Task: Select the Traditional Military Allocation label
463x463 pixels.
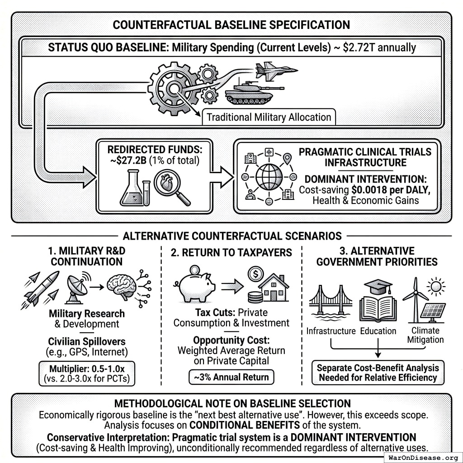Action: [x=269, y=118]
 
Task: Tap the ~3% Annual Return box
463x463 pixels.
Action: [x=231, y=377]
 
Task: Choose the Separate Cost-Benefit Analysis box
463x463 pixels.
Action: [x=377, y=372]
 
